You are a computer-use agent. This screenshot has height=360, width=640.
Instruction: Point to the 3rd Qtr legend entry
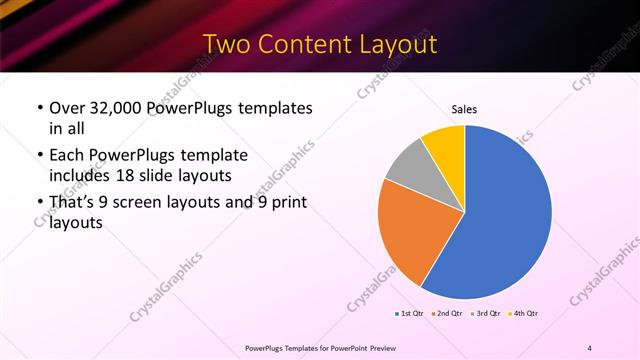[x=486, y=314]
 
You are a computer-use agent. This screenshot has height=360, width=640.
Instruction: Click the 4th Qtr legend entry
[x=525, y=314]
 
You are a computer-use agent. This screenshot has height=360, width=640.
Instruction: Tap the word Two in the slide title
[x=224, y=45]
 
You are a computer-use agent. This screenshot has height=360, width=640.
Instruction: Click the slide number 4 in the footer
[x=590, y=347]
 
